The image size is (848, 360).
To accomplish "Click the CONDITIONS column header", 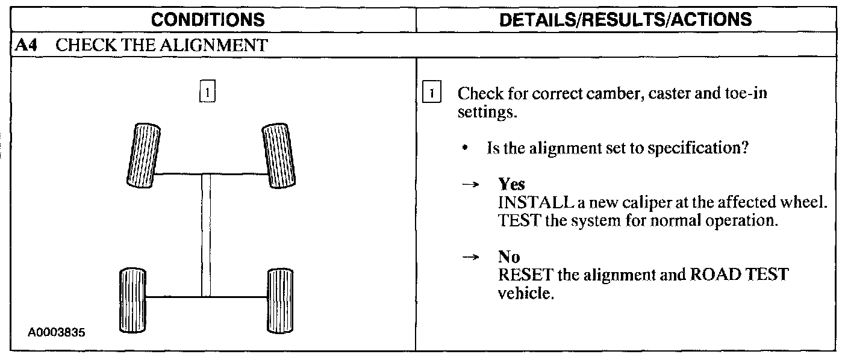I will pos(208,20).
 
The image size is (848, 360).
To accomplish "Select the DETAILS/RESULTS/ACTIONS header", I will pos(626,20).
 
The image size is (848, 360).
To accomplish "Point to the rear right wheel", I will pos(279,299).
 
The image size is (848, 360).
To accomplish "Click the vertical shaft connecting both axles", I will pos(206,235).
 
